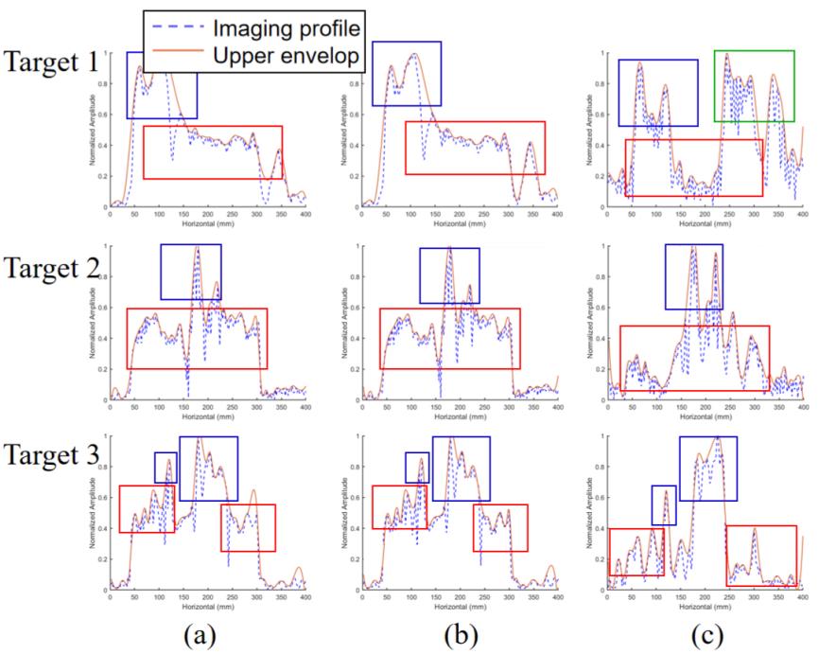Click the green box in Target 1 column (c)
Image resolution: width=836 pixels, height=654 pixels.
754,86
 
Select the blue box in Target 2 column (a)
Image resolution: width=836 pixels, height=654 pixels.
191,272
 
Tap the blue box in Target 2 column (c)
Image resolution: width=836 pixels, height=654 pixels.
693,276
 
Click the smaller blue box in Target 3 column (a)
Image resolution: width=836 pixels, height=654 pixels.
165,468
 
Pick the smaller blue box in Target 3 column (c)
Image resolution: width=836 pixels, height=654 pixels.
664,504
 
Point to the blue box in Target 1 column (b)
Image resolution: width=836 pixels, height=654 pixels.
407,74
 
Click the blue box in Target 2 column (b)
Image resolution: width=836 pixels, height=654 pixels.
449,275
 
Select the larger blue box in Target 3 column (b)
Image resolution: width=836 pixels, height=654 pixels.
461,468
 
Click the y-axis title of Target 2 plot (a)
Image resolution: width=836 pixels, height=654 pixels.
92,324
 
